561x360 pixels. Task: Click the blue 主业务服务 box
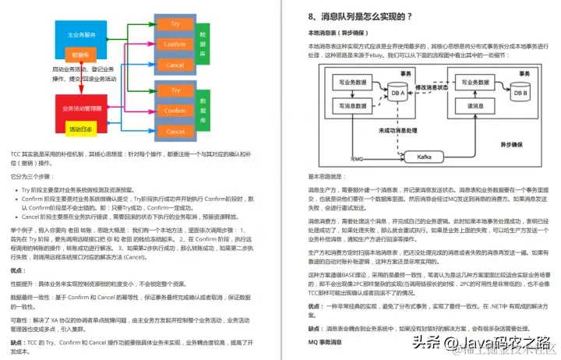(81, 35)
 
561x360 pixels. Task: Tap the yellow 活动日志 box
(82, 129)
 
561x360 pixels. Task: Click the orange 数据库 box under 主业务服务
(81, 55)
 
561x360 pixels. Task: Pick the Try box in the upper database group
(175, 24)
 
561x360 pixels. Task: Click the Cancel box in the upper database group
(175, 65)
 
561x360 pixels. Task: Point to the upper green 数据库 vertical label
(204, 44)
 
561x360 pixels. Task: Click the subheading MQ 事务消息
(327, 341)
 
